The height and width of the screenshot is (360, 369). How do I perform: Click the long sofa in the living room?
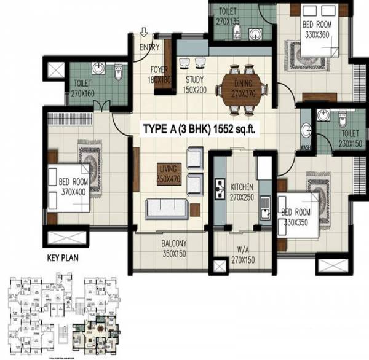click(167, 209)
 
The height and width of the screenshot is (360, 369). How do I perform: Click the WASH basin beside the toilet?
click(306, 131)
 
